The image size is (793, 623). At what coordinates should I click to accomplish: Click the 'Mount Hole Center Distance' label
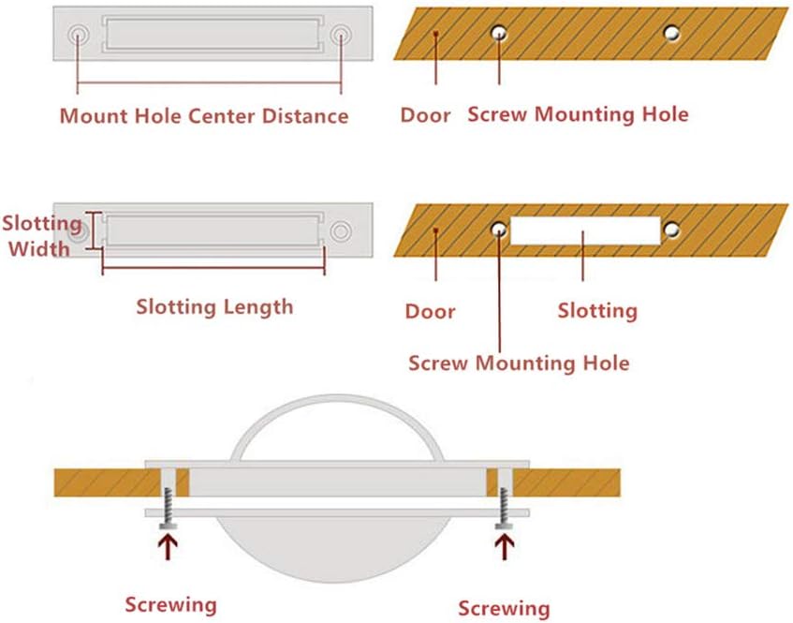203,116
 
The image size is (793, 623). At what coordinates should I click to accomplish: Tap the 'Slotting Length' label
214,306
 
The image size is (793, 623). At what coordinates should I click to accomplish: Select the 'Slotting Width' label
41,236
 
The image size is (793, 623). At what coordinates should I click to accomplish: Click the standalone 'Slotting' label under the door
597,310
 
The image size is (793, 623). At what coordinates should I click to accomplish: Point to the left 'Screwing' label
171,604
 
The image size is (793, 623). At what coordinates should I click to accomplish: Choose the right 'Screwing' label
504,608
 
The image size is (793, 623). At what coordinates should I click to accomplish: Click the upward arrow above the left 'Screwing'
169,546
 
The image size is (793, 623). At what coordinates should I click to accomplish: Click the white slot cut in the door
585,230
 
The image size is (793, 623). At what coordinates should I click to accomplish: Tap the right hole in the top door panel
671,33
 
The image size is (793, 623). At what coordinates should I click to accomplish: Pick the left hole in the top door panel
500,33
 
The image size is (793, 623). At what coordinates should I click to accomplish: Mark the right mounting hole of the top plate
341,36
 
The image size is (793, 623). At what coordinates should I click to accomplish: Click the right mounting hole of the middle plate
341,230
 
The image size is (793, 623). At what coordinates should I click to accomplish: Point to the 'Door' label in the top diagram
425,115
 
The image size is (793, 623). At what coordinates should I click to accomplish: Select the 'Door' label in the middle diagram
430,311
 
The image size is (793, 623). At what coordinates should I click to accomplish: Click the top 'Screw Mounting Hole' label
578,114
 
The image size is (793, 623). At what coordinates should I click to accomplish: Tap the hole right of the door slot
671,229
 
